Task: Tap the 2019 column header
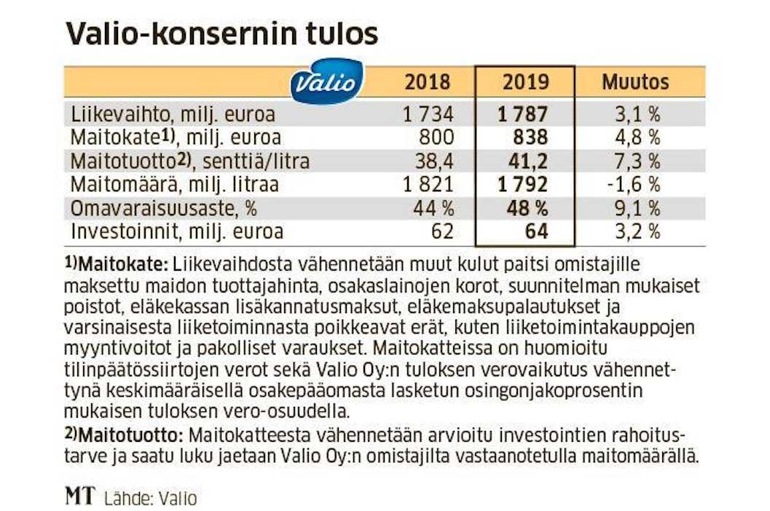525,82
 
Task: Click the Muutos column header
635,82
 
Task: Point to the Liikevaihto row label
173,114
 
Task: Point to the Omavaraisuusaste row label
164,208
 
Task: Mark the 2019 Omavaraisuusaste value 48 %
527,208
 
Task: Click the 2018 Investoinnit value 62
440,231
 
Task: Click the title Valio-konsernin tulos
222,34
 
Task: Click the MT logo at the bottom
79,497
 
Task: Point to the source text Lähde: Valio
151,499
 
